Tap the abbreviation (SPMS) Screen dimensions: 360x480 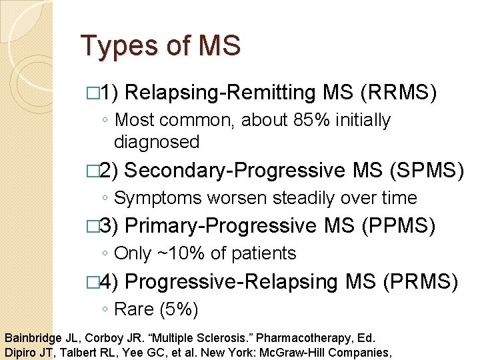pyautogui.click(x=425, y=171)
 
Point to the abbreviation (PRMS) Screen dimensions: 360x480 pyautogui.click(x=420, y=282)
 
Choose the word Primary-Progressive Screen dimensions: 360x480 pyautogui.click(x=219, y=226)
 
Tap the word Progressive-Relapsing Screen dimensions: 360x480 pyautogui.click(x=231, y=282)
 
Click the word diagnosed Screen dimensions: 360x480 pyautogui.click(x=157, y=142)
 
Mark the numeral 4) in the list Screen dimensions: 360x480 pyautogui.click(x=108, y=282)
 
